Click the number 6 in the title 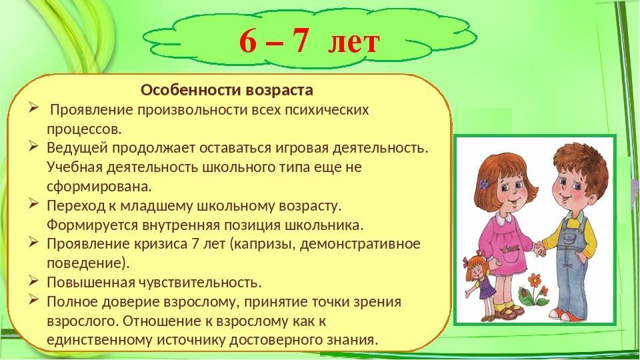[x=247, y=41]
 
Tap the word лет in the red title [x=354, y=42]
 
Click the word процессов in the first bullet [x=84, y=129]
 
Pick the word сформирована [x=99, y=187]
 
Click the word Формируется [x=92, y=225]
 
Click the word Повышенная [x=91, y=283]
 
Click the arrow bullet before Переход [x=34, y=204]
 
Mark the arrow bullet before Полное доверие [x=34, y=301]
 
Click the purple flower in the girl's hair [x=484, y=184]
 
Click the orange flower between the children [x=534, y=281]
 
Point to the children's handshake [x=539, y=248]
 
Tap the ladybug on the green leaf [x=523, y=292]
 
